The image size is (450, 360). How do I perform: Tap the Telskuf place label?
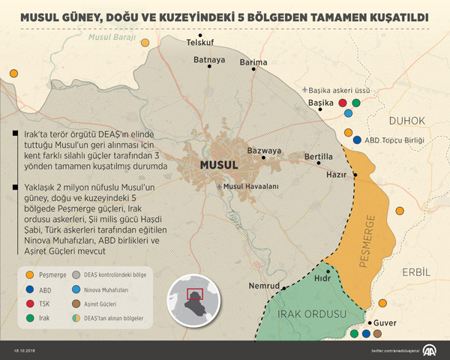[200, 43]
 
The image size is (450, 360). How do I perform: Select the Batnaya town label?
[209, 60]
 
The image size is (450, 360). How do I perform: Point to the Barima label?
[253, 63]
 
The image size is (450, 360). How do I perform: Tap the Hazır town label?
[337, 174]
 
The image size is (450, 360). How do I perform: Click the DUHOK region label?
[407, 120]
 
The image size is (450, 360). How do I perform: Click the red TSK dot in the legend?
[28, 305]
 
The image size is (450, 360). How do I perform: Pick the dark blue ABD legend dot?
[28, 289]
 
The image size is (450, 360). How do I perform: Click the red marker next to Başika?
[343, 103]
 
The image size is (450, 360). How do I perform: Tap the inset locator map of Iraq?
[194, 300]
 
